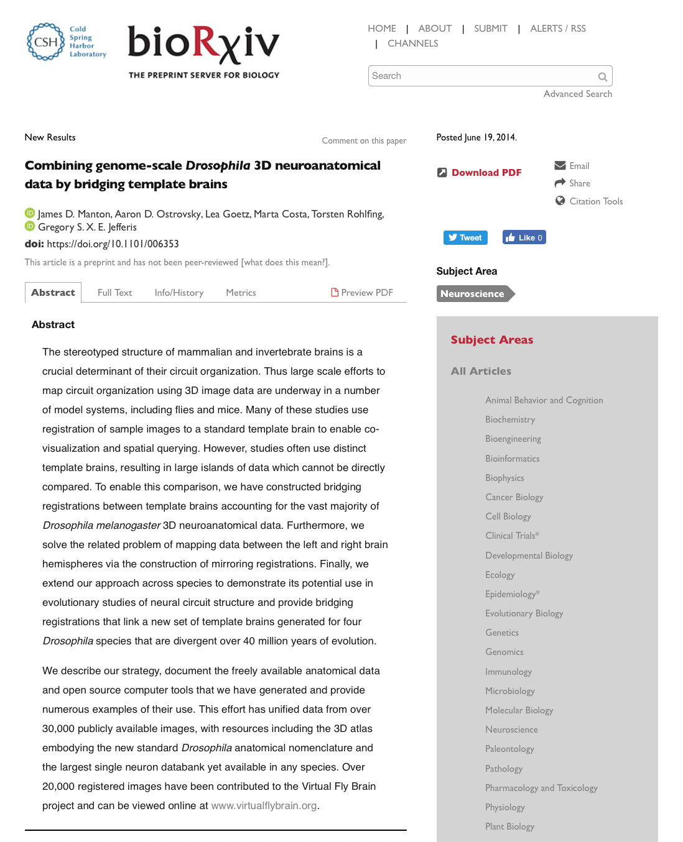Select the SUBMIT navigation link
click(490, 29)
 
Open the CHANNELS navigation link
click(412, 43)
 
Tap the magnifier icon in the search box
click(602, 77)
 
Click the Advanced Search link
click(577, 94)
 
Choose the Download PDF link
click(486, 173)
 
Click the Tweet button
click(465, 237)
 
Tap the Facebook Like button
click(524, 237)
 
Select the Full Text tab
click(114, 293)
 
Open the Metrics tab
click(241, 293)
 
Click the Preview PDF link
click(362, 293)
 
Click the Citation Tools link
click(595, 201)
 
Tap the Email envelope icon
click(560, 165)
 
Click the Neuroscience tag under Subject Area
click(473, 294)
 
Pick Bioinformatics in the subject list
click(512, 459)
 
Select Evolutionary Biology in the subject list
click(524, 613)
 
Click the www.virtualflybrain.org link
click(264, 805)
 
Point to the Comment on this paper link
click(364, 141)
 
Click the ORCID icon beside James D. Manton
click(29, 213)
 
